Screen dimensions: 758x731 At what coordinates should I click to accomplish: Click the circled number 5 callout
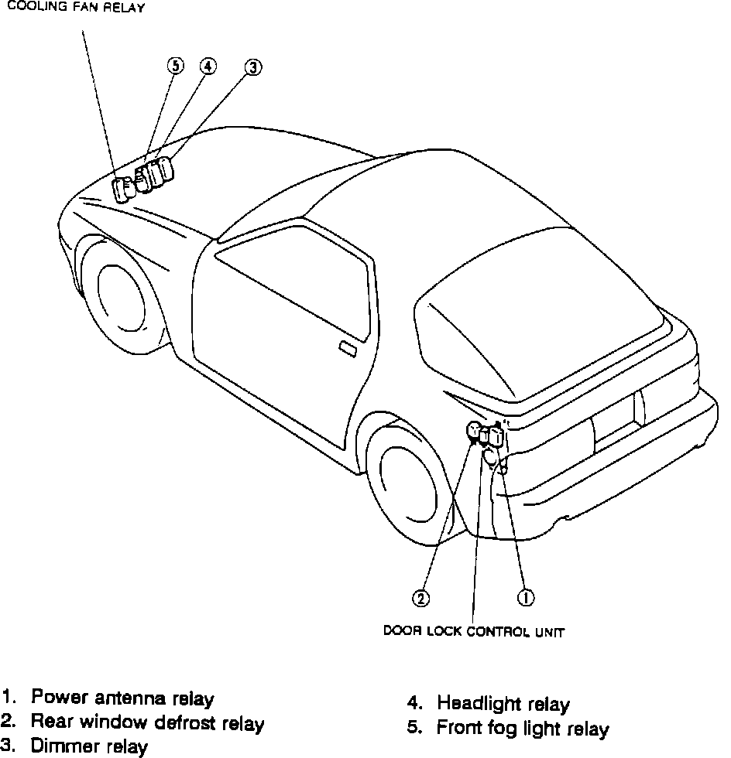click(175, 67)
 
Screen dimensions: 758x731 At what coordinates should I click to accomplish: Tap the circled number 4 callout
click(207, 67)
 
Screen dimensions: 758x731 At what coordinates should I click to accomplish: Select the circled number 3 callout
click(252, 69)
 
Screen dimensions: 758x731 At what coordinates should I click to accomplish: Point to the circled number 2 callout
click(420, 596)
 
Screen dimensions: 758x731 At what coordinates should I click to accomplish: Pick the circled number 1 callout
click(524, 596)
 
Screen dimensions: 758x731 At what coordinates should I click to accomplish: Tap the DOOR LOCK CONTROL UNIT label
click(474, 632)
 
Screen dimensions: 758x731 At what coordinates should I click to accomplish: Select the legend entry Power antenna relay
click(122, 698)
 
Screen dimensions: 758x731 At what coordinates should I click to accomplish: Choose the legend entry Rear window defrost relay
click(147, 723)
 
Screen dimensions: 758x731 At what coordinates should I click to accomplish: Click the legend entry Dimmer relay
click(89, 747)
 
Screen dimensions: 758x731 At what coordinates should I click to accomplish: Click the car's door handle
click(348, 350)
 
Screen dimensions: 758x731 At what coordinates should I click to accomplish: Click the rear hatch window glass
click(534, 325)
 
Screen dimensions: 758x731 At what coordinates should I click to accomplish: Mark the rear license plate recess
click(616, 422)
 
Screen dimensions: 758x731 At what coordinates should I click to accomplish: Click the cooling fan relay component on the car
click(123, 189)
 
